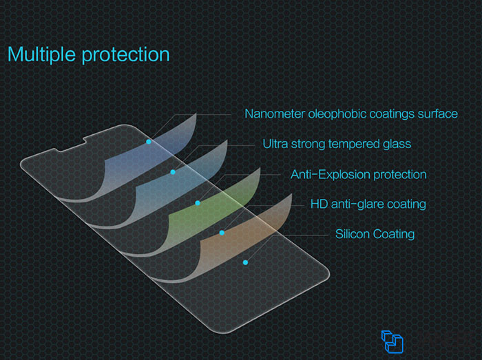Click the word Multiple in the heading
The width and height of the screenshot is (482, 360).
click(41, 54)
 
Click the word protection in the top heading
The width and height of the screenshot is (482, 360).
click(126, 55)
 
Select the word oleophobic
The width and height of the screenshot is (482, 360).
click(337, 114)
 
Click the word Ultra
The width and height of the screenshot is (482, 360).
click(275, 144)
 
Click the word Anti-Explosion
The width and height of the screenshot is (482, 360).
click(330, 174)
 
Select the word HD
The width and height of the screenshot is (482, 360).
click(319, 204)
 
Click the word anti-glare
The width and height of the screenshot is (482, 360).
click(357, 204)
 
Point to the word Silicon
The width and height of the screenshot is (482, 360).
click(353, 234)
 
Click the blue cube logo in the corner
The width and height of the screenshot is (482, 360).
click(392, 341)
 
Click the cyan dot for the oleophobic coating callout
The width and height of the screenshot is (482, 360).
click(149, 142)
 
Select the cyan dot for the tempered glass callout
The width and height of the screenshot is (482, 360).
click(173, 172)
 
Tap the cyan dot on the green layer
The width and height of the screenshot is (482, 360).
click(198, 203)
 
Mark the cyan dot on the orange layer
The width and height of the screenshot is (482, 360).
click(222, 233)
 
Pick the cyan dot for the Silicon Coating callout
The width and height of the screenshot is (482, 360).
click(245, 262)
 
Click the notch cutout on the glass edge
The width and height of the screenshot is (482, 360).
click(71, 145)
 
